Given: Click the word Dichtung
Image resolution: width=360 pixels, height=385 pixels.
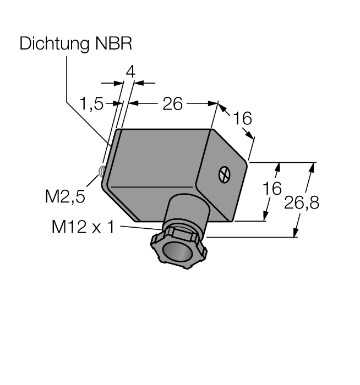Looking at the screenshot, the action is [54, 43].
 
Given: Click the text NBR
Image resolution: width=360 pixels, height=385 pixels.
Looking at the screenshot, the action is [113, 43].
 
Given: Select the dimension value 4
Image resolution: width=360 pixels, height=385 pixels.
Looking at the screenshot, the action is [130, 72].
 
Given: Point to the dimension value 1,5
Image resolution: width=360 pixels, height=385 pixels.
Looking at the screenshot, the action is [91, 103].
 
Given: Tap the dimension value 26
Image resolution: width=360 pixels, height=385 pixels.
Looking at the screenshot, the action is [172, 104].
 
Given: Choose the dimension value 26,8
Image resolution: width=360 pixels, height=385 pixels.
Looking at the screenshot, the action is [302, 203].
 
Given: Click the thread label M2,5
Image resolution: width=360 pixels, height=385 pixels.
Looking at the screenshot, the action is [65, 196].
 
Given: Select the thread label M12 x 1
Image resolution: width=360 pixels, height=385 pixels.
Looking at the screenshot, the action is [83, 227].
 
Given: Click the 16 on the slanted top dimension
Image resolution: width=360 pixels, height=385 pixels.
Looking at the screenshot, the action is [242, 118].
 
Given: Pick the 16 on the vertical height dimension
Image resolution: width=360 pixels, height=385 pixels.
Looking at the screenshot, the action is [272, 189].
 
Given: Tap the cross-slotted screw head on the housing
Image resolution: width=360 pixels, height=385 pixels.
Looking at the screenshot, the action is [225, 174].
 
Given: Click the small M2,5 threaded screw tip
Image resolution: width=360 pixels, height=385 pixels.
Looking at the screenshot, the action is [101, 171].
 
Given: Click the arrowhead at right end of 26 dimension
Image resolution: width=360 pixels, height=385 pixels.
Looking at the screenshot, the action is [213, 103].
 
